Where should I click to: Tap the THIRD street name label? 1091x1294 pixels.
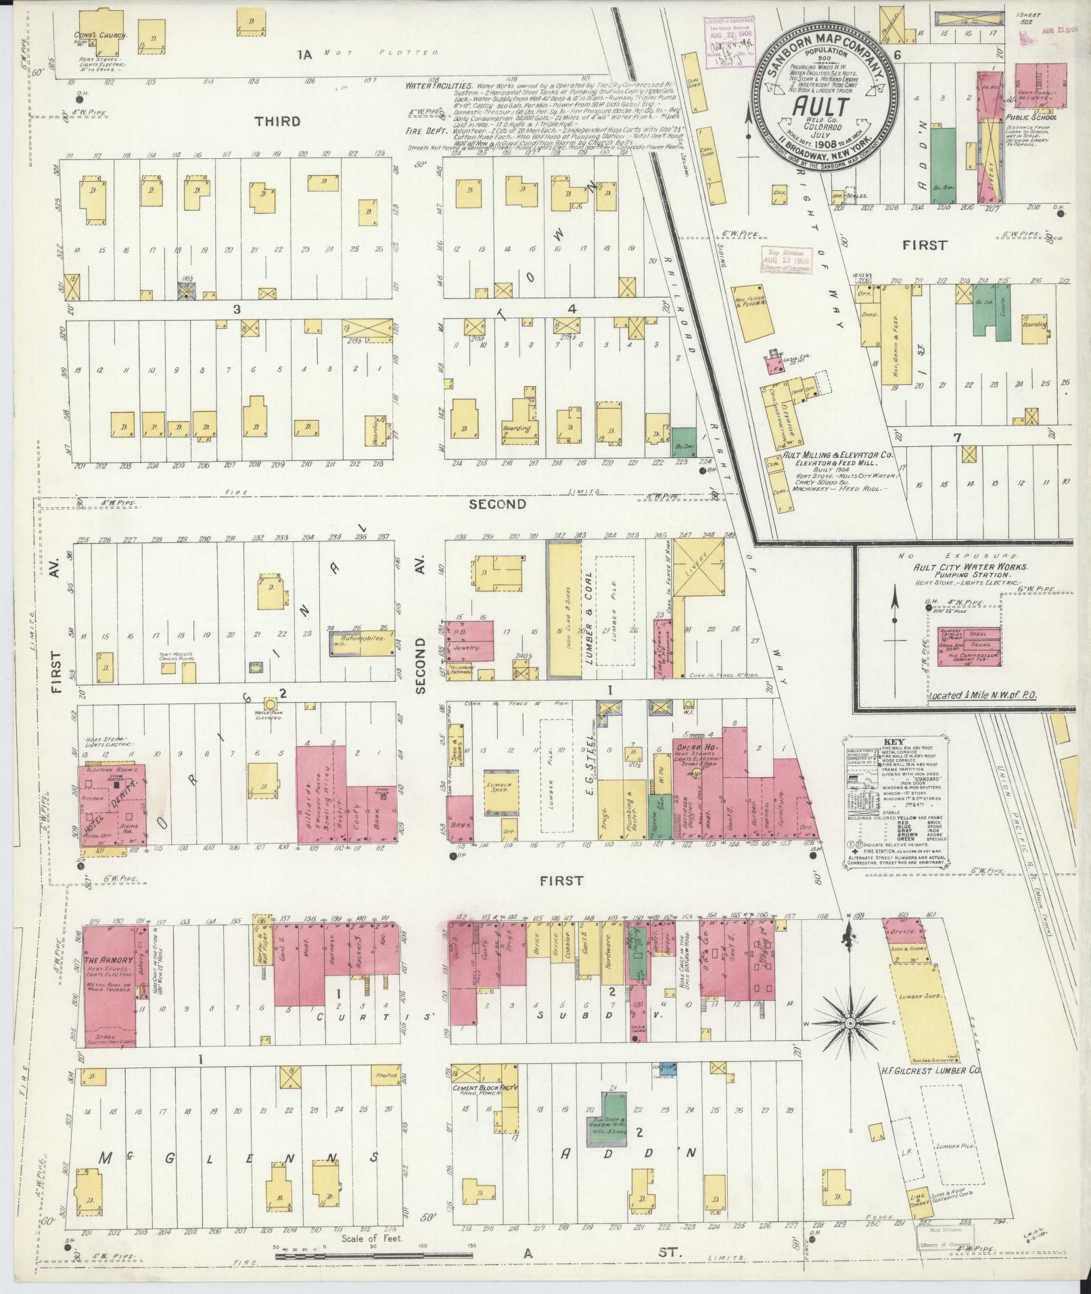[x=277, y=122]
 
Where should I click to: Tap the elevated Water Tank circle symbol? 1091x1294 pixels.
[x=270, y=704]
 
